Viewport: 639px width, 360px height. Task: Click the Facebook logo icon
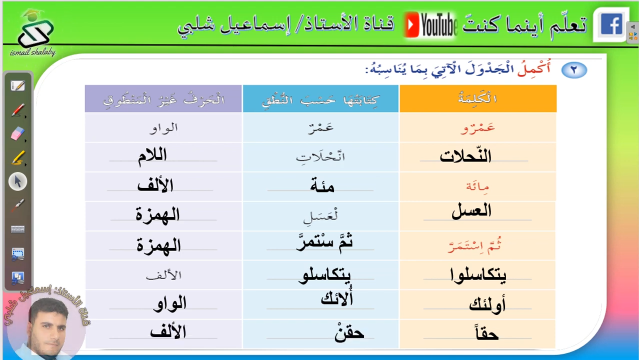[x=611, y=24]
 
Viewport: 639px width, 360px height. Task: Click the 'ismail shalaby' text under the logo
[x=32, y=52]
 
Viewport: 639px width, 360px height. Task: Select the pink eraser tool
[x=17, y=134]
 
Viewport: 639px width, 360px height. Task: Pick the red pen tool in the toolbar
[x=17, y=110]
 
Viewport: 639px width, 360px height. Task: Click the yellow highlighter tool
[x=17, y=157]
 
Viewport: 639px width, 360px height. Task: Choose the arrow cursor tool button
[x=17, y=181]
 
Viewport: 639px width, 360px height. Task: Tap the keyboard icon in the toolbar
[x=17, y=229]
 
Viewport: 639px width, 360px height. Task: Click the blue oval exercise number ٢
[x=574, y=70]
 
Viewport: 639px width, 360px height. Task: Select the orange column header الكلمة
[x=478, y=98]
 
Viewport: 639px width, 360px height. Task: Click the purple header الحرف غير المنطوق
[x=163, y=98]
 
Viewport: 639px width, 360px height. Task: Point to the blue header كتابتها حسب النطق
[x=320, y=98]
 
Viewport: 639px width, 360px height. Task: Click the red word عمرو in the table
[x=477, y=127]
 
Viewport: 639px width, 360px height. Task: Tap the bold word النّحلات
[x=465, y=155]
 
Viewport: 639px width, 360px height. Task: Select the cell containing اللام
[x=163, y=157]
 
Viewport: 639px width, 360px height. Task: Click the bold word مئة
[x=322, y=185]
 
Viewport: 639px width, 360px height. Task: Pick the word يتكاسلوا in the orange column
[x=478, y=275]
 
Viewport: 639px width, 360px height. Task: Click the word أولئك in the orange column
[x=487, y=304]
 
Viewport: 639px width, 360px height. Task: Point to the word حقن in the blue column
[x=349, y=332]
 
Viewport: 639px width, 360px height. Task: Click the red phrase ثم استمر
[x=474, y=245]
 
